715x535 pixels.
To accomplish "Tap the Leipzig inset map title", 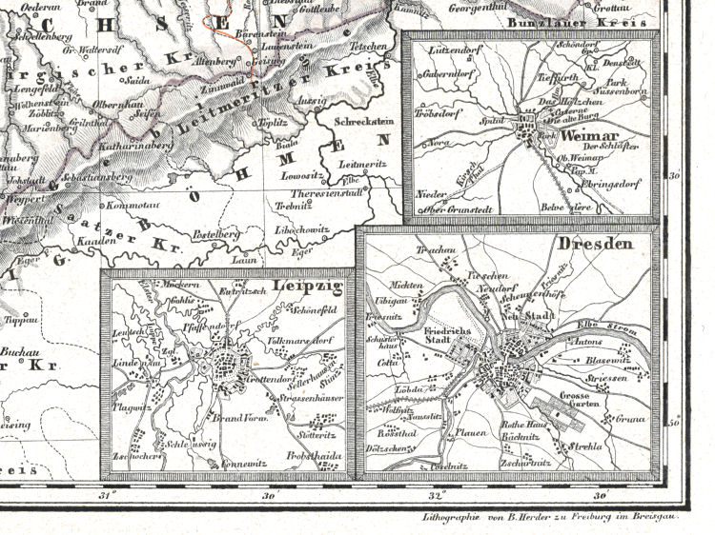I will pos(311,287).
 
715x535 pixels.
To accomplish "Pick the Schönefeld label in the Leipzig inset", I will pos(320,310).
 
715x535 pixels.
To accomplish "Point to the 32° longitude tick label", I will pos(438,495).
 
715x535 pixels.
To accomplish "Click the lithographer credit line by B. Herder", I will pos(541,515).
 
